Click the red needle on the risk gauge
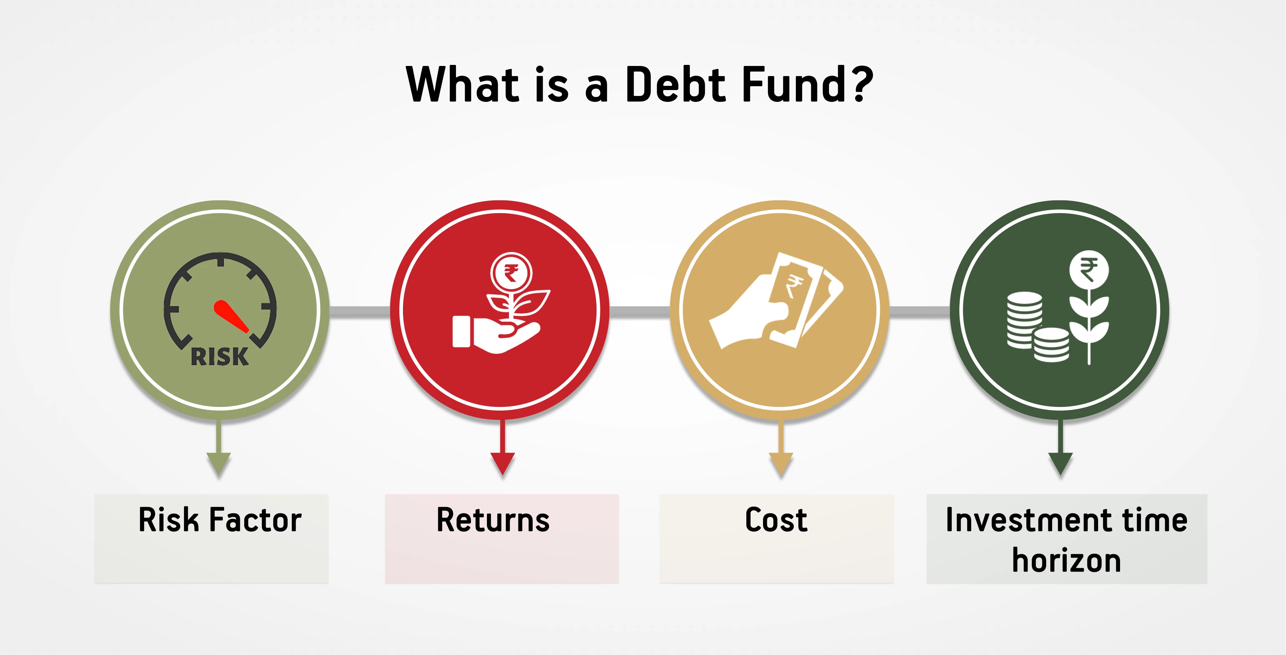point(231,316)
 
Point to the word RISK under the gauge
point(220,357)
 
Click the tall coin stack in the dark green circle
point(1025,320)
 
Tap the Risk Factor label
point(220,520)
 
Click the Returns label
point(493,520)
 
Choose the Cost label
point(776,520)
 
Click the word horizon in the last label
point(1066,560)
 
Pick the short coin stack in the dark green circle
point(1051,345)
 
